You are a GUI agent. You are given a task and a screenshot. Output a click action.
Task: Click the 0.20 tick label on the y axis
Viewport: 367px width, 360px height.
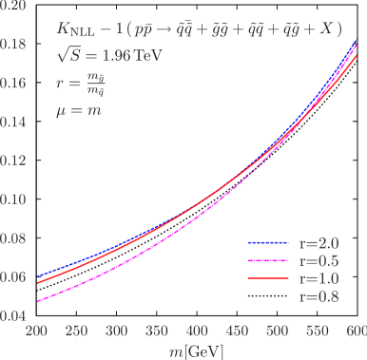coord(15,6)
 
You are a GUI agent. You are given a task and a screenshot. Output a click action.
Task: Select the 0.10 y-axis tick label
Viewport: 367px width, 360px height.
coord(15,199)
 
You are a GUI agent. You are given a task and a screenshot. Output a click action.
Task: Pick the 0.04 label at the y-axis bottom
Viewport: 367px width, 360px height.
coord(15,315)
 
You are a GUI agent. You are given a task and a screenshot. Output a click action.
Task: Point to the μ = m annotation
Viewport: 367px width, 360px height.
coord(79,109)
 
